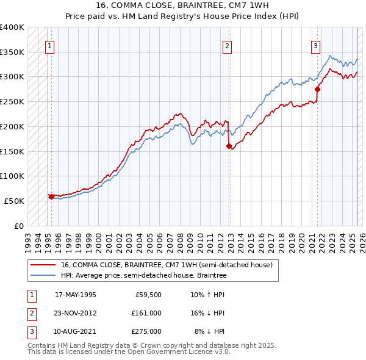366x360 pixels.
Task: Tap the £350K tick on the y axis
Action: pos(12,52)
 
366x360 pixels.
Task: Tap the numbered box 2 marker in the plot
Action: pos(227,45)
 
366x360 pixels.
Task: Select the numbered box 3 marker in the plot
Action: pos(315,45)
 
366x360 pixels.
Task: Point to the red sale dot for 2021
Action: pos(317,89)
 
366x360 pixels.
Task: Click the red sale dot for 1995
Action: pos(51,196)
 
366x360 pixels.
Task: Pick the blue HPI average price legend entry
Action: pos(143,275)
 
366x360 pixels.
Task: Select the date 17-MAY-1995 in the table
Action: pos(76,295)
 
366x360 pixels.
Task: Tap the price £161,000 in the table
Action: pos(146,313)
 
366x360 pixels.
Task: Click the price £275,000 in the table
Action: pos(146,331)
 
